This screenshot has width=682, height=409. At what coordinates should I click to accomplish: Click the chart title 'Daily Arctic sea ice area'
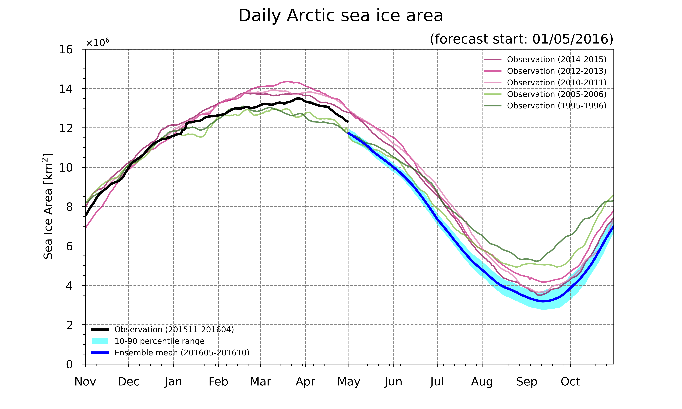coord(341,16)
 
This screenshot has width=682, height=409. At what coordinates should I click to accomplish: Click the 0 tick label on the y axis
coord(69,364)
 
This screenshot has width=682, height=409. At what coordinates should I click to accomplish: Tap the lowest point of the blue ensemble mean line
coord(543,301)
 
